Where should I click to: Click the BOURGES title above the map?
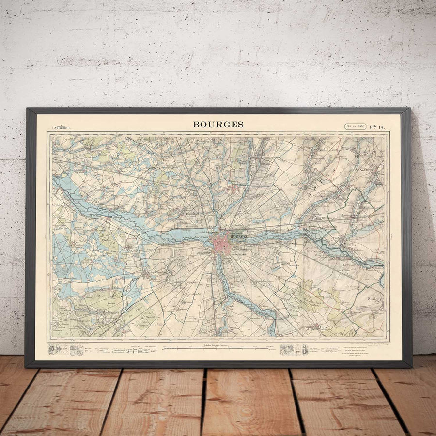click(218, 125)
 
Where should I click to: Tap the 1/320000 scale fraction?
click(62, 127)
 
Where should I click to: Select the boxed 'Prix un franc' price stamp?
click(355, 126)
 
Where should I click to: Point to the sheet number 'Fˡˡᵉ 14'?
click(379, 126)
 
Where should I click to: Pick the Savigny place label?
click(374, 299)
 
